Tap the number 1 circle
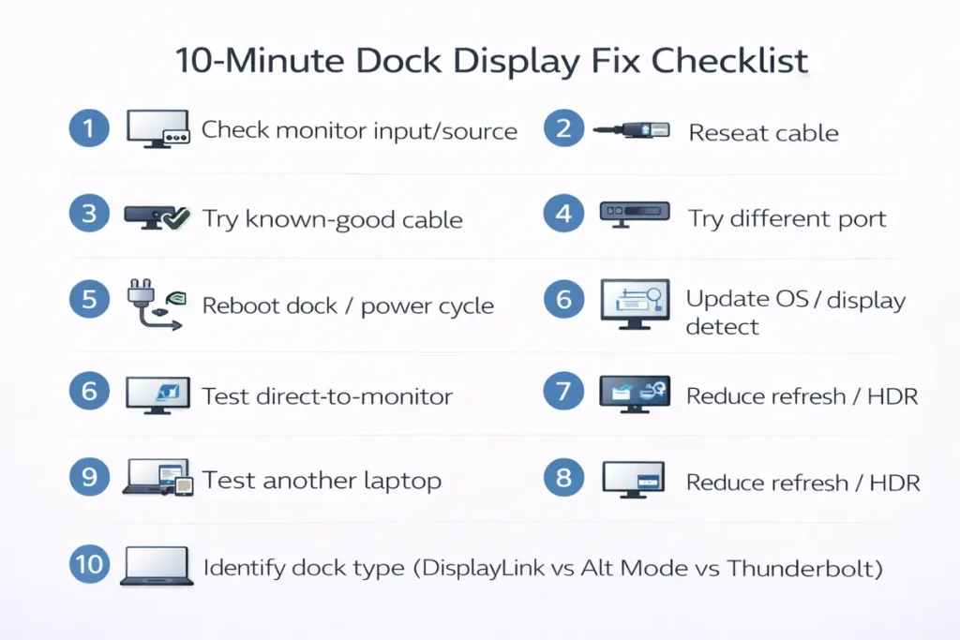89,128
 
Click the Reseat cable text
763,133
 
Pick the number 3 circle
89,215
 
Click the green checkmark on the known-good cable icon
174,218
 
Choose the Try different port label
787,219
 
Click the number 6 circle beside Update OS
563,300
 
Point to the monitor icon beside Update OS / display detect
635,304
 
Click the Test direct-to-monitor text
327,396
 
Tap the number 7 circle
563,391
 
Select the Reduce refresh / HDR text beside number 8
802,483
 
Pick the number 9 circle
89,478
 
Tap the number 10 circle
89,564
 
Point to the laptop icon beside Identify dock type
157,566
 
